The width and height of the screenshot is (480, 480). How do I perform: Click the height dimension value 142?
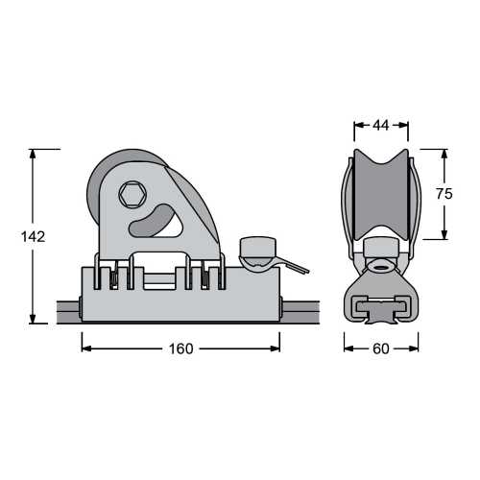(x=33, y=236)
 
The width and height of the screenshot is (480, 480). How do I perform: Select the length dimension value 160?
(x=180, y=348)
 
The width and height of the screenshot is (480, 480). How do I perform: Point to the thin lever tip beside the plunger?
(x=301, y=268)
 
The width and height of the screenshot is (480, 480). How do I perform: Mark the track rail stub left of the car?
(x=67, y=310)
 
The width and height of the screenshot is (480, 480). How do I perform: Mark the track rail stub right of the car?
(x=293, y=310)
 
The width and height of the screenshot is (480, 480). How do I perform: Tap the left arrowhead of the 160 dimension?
(x=85, y=348)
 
